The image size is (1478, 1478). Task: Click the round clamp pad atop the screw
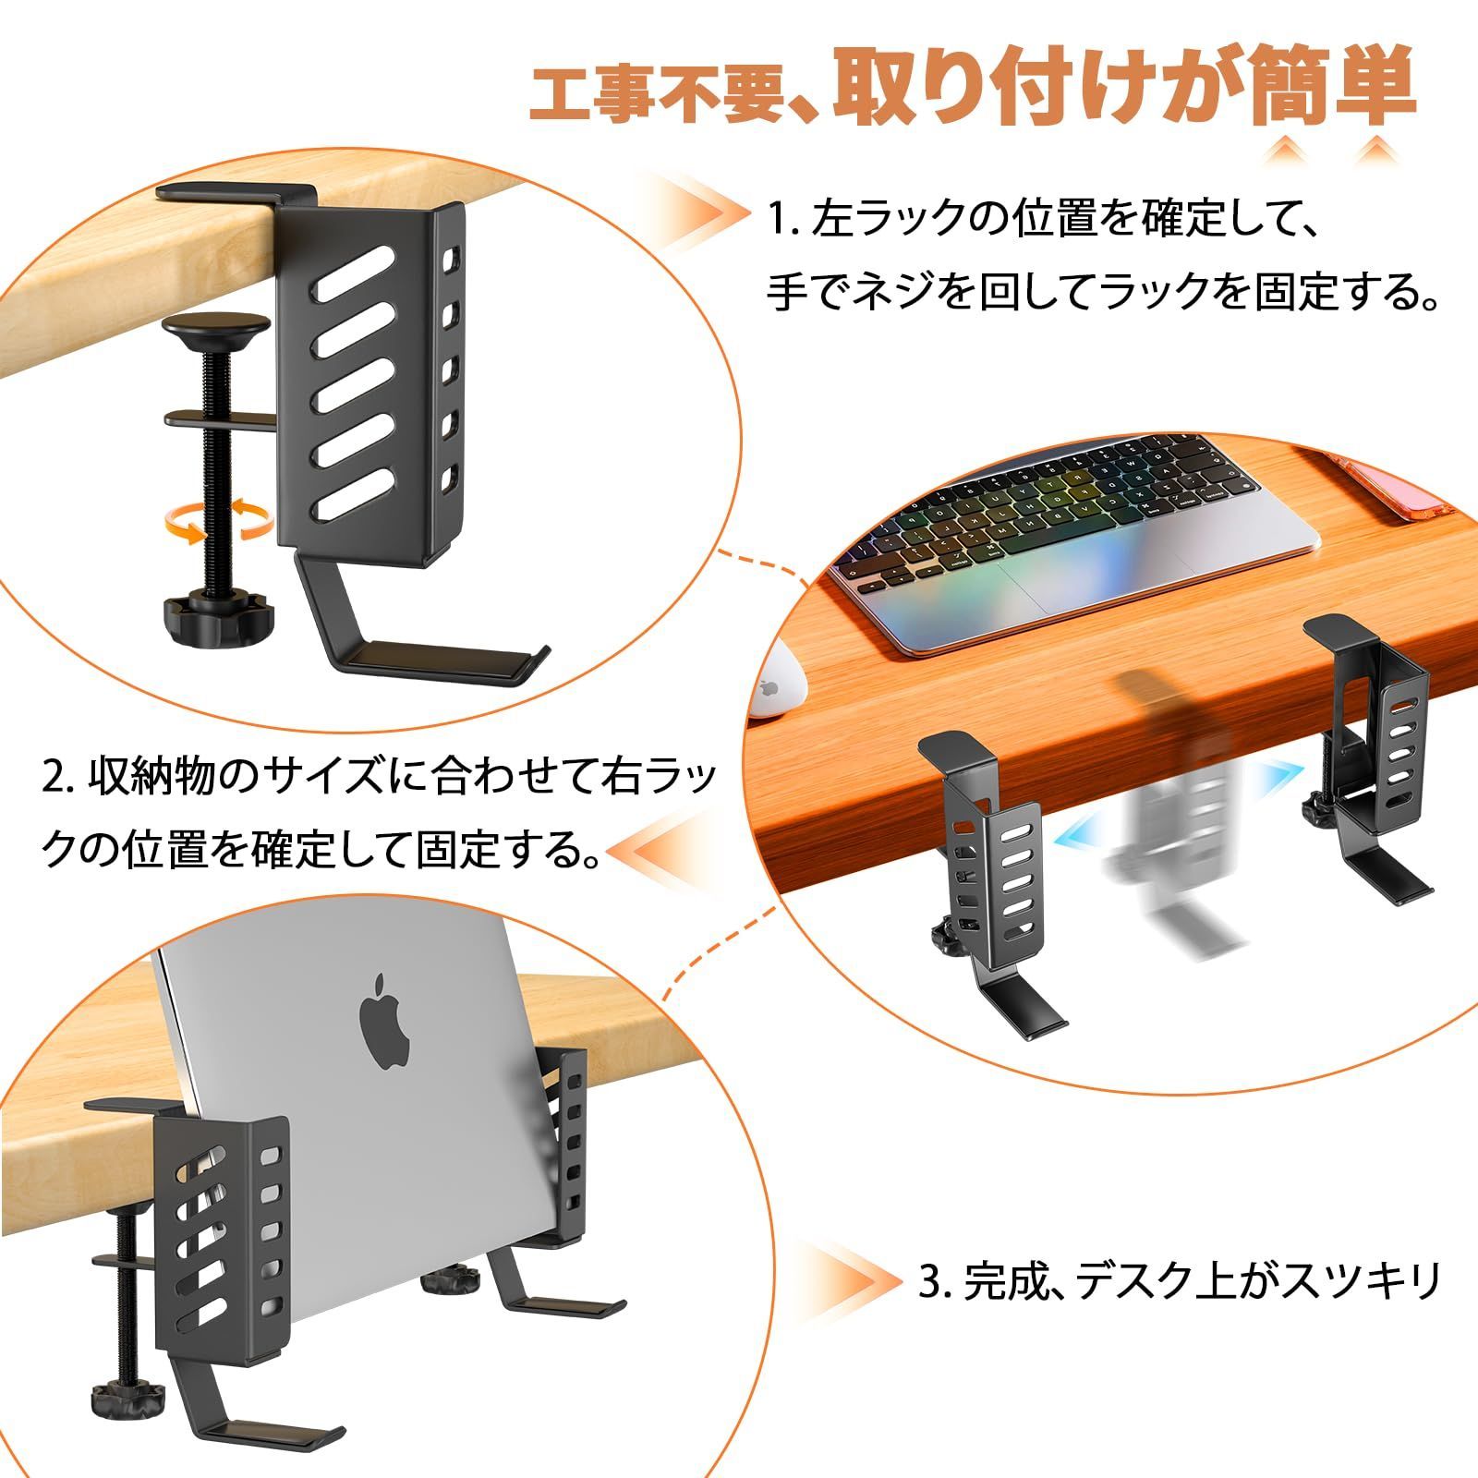click(217, 333)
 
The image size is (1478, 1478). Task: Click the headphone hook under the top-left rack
click(388, 647)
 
